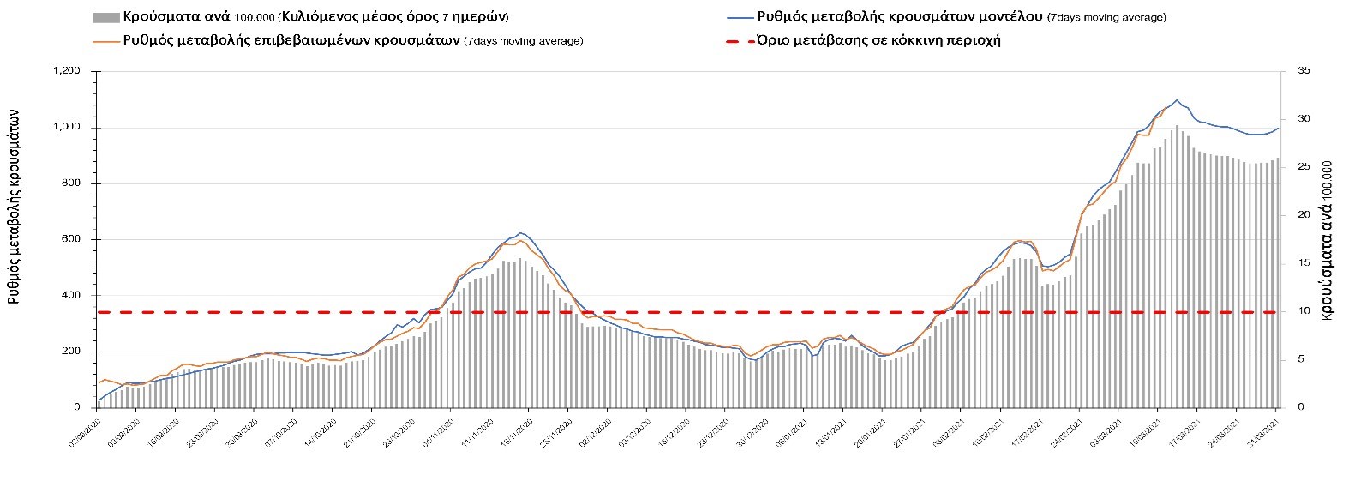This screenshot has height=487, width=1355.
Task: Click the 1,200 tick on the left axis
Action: point(66,71)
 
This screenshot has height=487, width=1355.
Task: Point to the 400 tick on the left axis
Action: point(71,296)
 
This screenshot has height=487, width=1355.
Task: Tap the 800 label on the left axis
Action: point(71,183)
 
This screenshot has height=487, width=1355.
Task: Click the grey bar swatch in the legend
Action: point(105,17)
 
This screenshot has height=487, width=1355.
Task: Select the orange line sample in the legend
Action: point(105,40)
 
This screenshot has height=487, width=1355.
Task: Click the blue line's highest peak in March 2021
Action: point(1176,100)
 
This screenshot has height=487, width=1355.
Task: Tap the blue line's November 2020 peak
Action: point(521,233)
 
